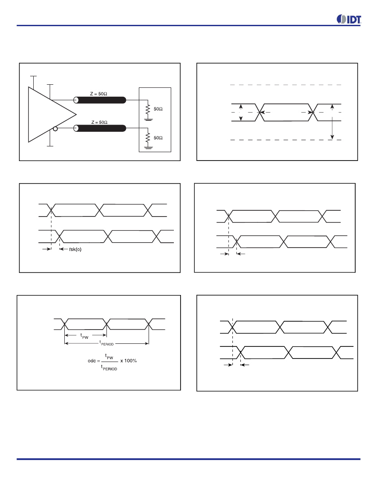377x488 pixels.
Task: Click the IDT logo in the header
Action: tap(349, 19)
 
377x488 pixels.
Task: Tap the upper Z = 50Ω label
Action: tap(98, 94)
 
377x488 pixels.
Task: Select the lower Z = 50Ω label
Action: tap(99, 122)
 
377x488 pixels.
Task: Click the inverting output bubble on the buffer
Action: tap(55, 129)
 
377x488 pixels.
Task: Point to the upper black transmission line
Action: tap(99, 100)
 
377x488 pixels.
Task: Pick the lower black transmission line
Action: tap(99, 128)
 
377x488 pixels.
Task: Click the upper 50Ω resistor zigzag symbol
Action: tap(148, 110)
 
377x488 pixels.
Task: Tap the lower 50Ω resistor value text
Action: tap(158, 138)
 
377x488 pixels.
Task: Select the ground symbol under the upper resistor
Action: tap(149, 118)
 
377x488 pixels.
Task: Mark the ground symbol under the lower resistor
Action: tap(149, 147)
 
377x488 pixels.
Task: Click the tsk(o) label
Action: tap(75, 249)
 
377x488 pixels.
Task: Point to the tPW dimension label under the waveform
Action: tap(84, 336)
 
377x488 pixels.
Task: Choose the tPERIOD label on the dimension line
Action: tap(107, 343)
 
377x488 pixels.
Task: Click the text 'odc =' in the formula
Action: tap(94, 361)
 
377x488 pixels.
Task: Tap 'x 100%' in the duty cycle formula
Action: tap(129, 361)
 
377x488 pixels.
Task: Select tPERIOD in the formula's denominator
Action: tap(109, 368)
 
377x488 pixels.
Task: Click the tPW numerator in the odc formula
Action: tap(109, 356)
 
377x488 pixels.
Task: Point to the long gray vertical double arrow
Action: tap(332, 122)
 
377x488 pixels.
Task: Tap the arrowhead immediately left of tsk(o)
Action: tap(61, 249)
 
